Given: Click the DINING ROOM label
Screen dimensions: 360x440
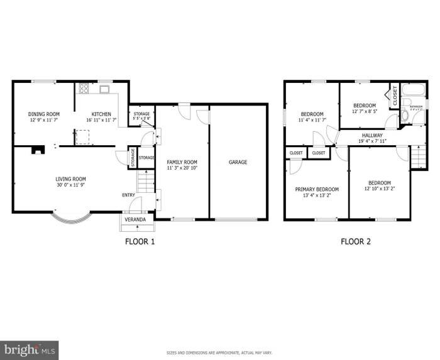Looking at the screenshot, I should (x=44, y=114).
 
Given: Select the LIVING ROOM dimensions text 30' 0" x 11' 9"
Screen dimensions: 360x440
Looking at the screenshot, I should (x=70, y=185).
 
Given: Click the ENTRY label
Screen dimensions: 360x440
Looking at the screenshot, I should (x=129, y=195).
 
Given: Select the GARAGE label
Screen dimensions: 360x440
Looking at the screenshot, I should (x=238, y=162).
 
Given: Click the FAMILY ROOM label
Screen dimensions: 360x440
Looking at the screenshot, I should (x=182, y=162).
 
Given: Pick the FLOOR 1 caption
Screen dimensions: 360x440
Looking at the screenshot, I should (x=140, y=241).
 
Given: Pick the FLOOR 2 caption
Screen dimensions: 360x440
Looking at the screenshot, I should (x=356, y=241).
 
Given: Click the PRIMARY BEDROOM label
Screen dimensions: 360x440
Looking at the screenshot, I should (x=317, y=189).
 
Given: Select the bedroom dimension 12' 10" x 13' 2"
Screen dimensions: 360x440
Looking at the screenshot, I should (x=379, y=188).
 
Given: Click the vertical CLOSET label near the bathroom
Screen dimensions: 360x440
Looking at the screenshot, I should (x=395, y=95).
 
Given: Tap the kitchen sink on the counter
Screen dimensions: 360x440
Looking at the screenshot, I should (x=103, y=90).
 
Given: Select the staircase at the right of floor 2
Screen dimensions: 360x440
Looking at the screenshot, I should (x=417, y=157).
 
